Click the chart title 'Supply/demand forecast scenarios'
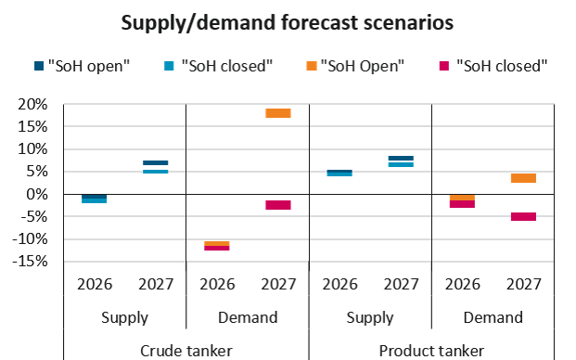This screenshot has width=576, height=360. [x=288, y=23]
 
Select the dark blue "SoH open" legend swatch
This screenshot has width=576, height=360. [x=39, y=66]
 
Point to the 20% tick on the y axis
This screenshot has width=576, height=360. [x=32, y=105]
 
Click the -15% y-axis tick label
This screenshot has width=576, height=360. [x=30, y=262]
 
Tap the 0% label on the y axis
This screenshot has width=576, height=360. [x=37, y=194]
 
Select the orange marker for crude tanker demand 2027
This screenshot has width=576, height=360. [x=278, y=113]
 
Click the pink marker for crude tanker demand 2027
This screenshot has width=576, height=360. [x=278, y=205]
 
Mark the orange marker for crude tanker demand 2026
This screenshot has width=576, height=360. [x=217, y=243]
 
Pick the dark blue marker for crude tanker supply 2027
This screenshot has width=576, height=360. [x=156, y=162]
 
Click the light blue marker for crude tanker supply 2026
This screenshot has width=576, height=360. [x=94, y=201]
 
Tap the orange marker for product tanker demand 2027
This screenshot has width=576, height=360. [x=523, y=178]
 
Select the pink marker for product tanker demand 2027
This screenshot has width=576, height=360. [x=523, y=216]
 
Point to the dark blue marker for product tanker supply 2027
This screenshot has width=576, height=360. [x=401, y=159]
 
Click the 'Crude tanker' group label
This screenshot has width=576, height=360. [x=186, y=351]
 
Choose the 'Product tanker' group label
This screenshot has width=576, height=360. [x=431, y=351]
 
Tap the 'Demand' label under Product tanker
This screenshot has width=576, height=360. [x=493, y=317]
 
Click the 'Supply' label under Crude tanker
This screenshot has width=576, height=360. [x=124, y=318]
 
